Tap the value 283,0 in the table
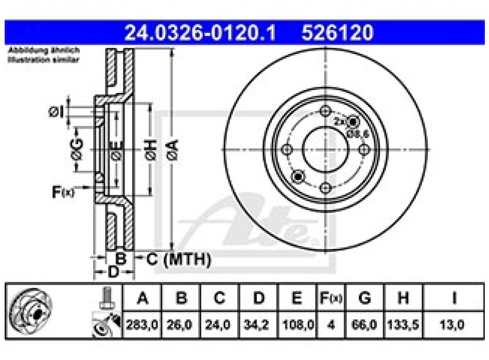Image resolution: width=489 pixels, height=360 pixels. point(142,325)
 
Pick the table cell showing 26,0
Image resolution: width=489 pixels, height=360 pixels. point(180,325)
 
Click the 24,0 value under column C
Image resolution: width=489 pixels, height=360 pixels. point(219,325)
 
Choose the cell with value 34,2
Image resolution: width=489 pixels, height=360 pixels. point(259,325)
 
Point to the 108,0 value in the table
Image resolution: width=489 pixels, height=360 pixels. point(298,325)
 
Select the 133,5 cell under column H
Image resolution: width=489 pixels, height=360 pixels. point(404,325)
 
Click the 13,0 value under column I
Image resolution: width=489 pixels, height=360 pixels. point(453,325)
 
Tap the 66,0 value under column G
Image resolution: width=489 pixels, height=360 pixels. point(365,325)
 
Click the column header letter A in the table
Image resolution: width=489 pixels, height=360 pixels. point(142,298)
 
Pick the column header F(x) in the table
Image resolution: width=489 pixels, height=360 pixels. point(330,298)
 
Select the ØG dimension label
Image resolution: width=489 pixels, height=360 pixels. point(77,149)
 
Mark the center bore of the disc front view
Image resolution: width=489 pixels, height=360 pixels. point(325,149)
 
